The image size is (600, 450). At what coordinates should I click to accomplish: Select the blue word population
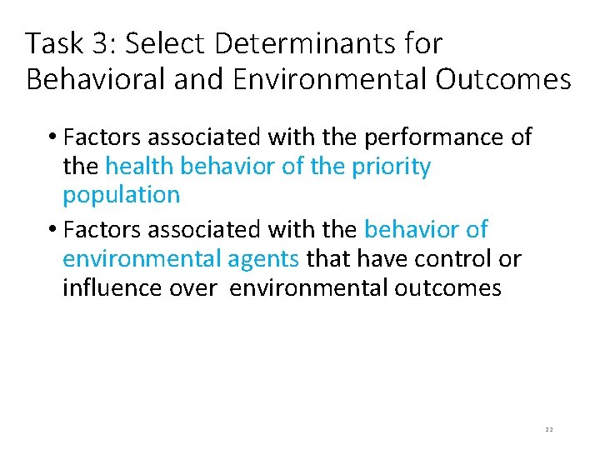click(x=121, y=195)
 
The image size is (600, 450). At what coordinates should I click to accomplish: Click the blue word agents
click(x=263, y=259)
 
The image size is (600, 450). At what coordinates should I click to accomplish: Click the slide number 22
click(x=548, y=429)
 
